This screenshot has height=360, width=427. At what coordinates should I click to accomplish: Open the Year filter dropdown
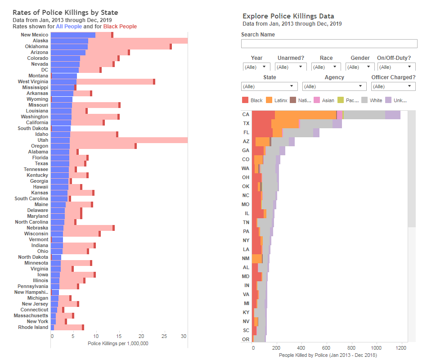tap(256, 67)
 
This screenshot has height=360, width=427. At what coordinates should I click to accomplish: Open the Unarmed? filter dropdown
tap(291, 67)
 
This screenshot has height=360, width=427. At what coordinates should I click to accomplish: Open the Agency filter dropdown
tap(334, 86)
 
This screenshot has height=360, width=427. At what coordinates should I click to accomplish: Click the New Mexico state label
tap(34, 35)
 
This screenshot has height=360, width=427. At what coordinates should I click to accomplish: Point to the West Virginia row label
tap(33, 81)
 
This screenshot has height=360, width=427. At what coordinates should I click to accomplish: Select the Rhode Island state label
tap(33, 327)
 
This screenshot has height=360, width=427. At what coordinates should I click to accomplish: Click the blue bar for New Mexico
tap(73, 35)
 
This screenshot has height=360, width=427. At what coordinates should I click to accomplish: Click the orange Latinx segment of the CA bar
tap(305, 115)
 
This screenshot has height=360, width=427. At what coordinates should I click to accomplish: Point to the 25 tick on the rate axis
tap(164, 336)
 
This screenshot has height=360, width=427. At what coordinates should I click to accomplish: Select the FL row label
tap(246, 132)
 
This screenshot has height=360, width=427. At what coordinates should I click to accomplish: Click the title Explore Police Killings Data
tap(288, 16)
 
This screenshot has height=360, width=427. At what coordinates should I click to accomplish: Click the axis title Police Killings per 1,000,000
tap(118, 343)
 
